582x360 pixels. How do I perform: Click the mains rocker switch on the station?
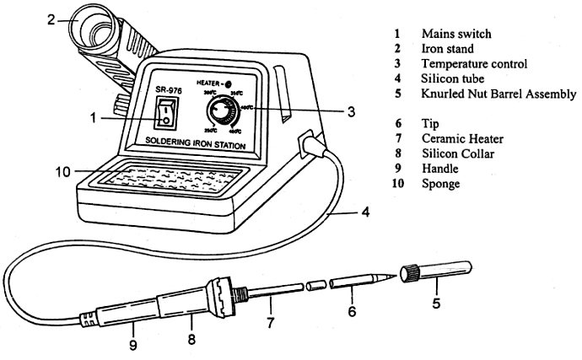click(167, 118)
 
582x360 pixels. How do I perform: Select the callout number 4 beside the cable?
click(364, 212)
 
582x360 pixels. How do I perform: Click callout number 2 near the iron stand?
click(51, 19)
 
